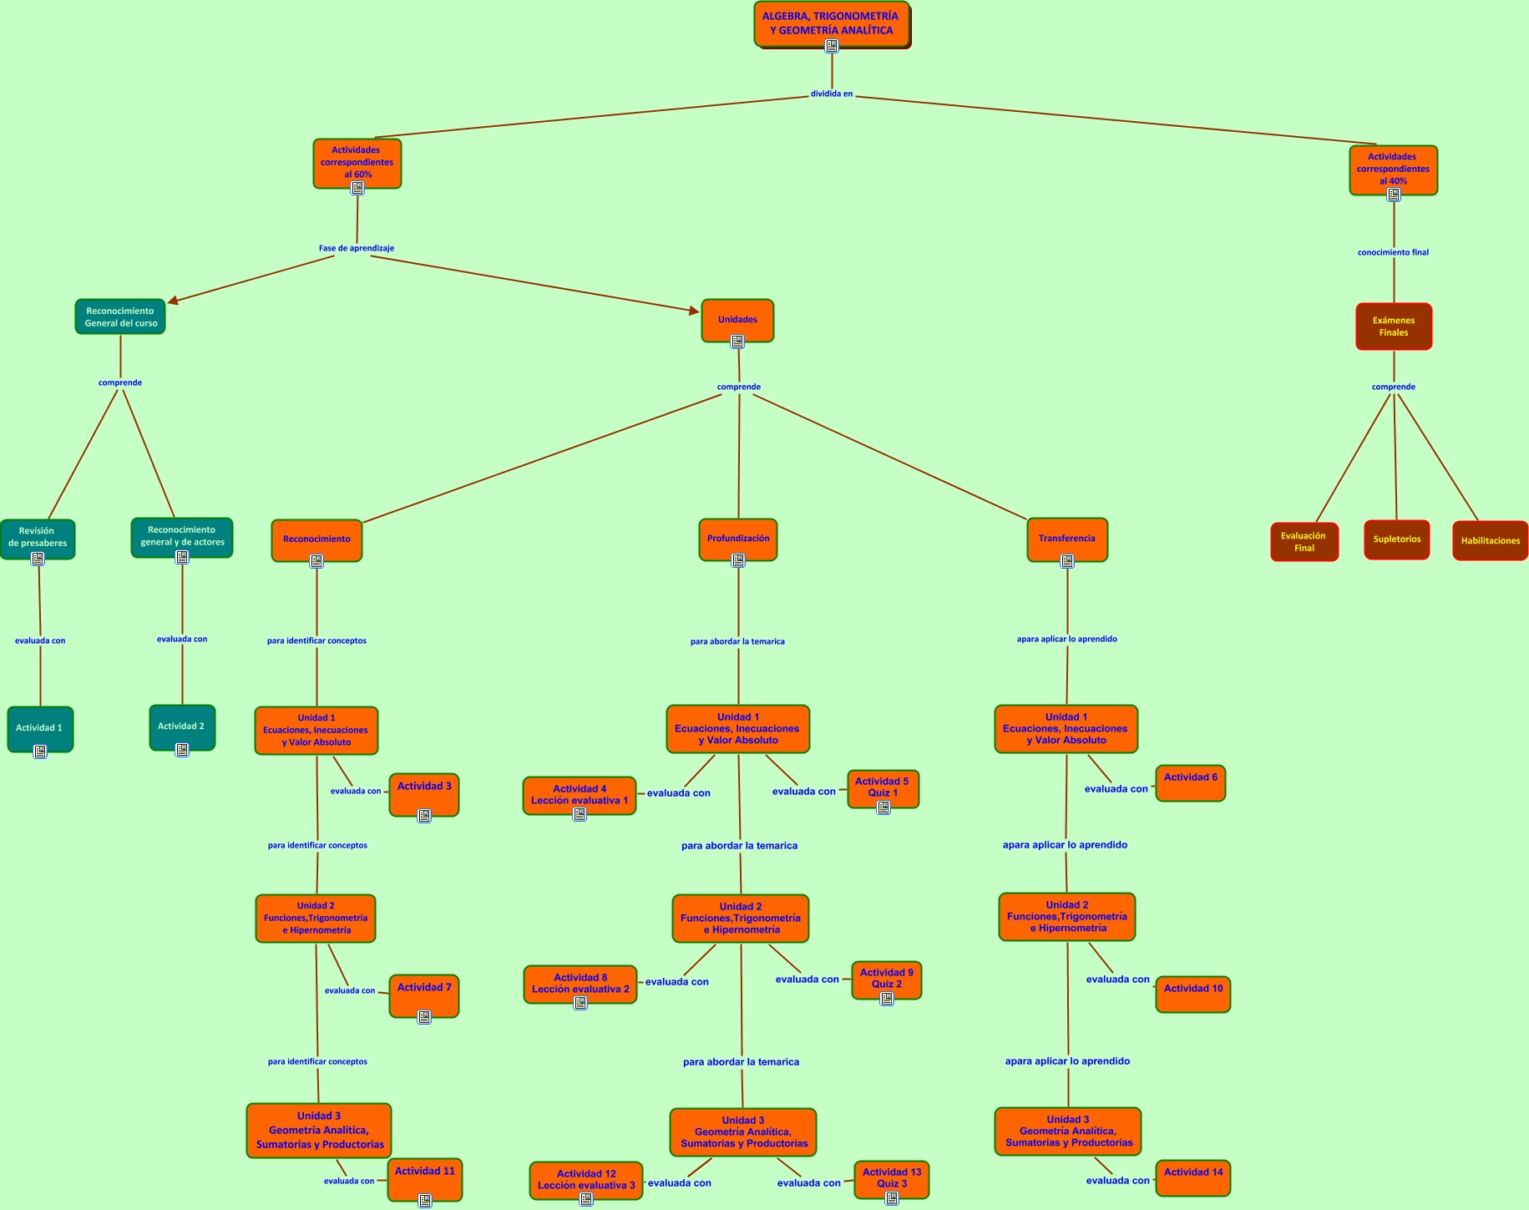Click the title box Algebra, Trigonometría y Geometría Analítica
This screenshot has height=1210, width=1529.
[x=831, y=23]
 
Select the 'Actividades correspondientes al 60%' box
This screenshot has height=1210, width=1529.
[x=357, y=161]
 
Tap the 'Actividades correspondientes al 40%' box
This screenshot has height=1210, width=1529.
[x=1392, y=168]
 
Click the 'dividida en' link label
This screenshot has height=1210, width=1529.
[x=831, y=94]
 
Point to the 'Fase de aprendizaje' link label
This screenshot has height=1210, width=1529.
[x=356, y=248]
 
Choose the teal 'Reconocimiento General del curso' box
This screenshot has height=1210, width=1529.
[x=120, y=316]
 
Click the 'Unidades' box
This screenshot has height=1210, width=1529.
[x=737, y=319]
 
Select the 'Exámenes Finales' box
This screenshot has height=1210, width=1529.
[x=1393, y=326]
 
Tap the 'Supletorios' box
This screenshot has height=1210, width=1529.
[x=1396, y=539]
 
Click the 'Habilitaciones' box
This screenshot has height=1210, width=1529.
[x=1490, y=540]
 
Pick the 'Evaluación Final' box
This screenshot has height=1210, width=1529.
[x=1304, y=542]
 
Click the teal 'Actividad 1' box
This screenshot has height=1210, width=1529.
[x=39, y=727]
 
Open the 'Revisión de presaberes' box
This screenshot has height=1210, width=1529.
[x=38, y=537]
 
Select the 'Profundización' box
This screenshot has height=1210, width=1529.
[x=737, y=539]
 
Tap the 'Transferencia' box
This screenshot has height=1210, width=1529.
[x=1066, y=539]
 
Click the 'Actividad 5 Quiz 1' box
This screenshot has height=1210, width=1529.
[x=882, y=787]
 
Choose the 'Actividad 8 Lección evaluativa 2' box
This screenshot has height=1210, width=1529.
[x=580, y=983]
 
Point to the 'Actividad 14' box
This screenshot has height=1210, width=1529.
[x=1192, y=1172]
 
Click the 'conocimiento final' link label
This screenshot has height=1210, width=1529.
[x=1392, y=252]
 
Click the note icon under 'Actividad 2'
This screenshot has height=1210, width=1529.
[x=182, y=750]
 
